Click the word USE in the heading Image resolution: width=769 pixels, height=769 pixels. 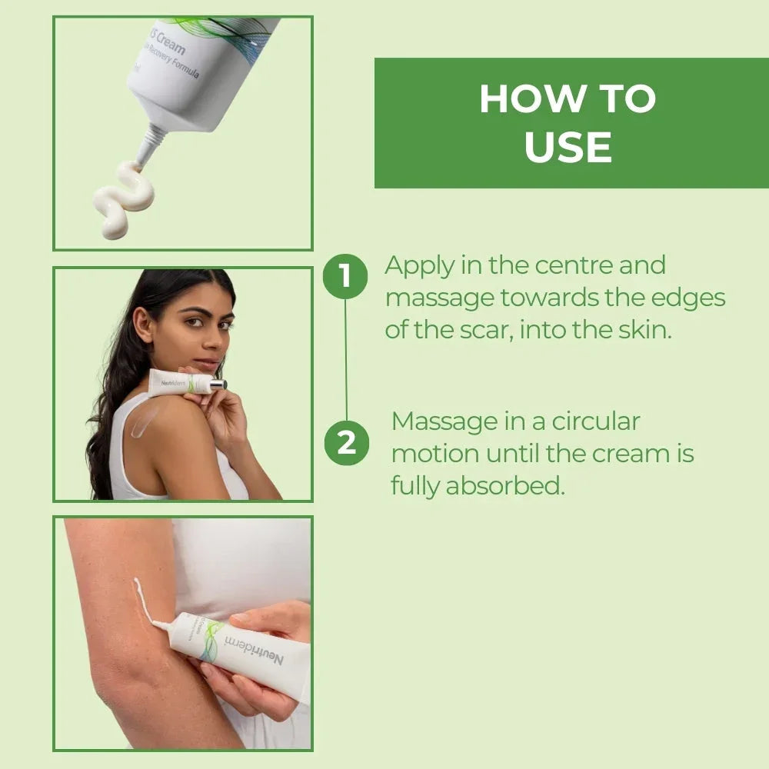click(568, 147)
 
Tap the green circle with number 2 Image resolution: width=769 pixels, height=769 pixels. click(346, 443)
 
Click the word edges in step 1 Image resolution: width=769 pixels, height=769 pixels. click(697, 298)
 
